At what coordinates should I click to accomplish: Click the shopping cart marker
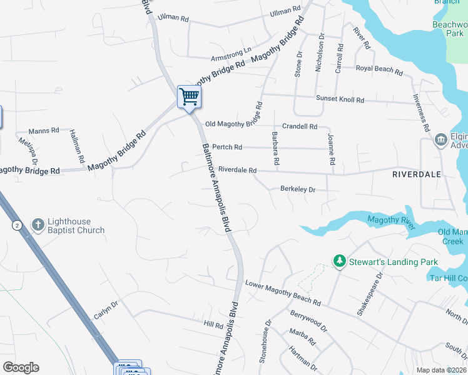pos(188,97)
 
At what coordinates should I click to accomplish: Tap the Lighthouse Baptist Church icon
pos(38,224)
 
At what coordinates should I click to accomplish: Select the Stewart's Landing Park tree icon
pos(339,261)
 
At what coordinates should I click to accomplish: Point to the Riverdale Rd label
pos(237,170)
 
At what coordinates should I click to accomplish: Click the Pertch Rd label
pos(227,147)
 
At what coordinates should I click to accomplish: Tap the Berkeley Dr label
pos(298,189)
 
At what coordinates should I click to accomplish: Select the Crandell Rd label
pos(300,126)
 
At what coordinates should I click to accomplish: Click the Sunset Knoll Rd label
pos(340,99)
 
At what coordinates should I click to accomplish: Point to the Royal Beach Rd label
pos(379,69)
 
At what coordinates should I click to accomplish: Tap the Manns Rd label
pos(43,131)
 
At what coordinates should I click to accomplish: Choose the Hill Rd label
pos(213,326)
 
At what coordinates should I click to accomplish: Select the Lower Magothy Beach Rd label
pos(283,293)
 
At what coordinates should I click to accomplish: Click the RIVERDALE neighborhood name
pos(417,174)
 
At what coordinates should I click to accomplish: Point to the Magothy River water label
pos(391,222)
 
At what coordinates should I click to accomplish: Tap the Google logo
pos(21,367)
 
